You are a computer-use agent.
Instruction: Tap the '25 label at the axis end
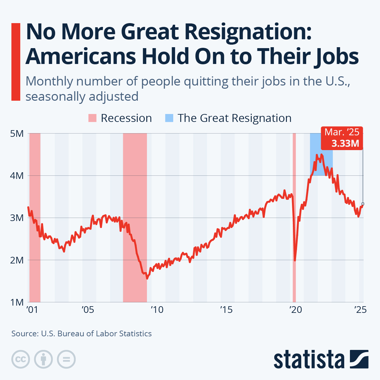click(360, 309)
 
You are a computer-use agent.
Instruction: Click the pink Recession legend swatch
click(92, 118)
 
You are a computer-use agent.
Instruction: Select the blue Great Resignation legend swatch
click(169, 118)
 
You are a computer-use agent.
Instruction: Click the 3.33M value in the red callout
click(345, 143)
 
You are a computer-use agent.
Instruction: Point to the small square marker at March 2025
click(363, 204)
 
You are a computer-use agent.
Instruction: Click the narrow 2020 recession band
click(294, 222)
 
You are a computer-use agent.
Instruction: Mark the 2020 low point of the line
click(295, 260)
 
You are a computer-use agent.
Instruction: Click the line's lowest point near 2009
click(147, 279)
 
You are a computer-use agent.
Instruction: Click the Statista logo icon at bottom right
click(359, 359)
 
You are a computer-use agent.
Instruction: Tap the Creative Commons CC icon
click(21, 359)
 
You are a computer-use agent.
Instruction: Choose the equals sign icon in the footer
click(66, 359)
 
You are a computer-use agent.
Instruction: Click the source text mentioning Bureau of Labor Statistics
click(81, 333)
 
